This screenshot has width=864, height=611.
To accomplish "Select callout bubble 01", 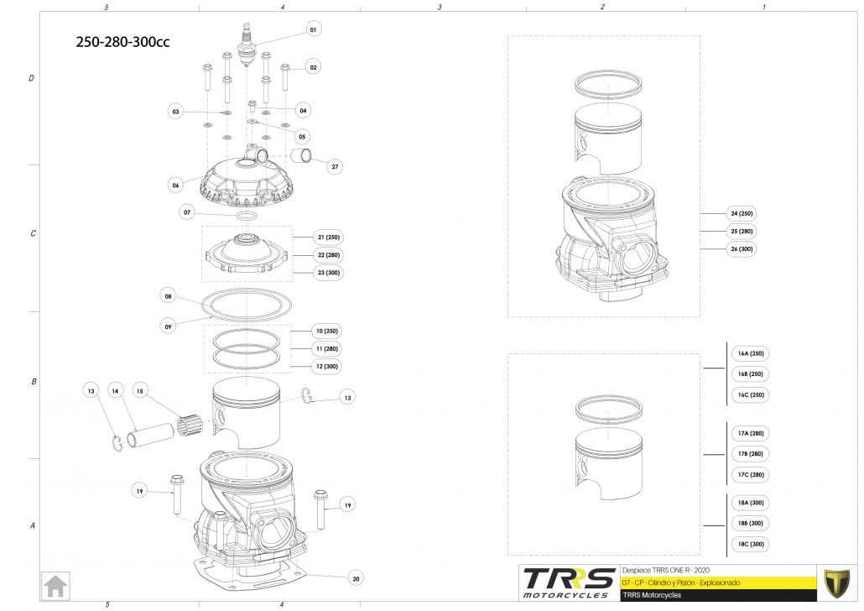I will (313, 30).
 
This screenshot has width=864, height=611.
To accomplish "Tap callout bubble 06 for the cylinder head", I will (176, 185).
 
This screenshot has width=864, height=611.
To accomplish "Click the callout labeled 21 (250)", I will (327, 237).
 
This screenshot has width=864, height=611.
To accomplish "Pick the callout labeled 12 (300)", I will (327, 367).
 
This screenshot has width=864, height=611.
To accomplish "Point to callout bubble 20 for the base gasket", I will (356, 578).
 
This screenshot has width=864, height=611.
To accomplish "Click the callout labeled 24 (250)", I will (742, 213).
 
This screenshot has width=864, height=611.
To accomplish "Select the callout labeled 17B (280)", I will (750, 454).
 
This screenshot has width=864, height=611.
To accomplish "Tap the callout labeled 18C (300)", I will (750, 544).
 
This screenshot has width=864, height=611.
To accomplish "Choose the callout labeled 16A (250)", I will (750, 353).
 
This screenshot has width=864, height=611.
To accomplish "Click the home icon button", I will (56, 585).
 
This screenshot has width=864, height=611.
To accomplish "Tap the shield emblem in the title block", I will (836, 582).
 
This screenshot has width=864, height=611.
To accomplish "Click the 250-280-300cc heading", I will (122, 43).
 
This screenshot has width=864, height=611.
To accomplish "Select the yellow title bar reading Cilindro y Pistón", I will (717, 582).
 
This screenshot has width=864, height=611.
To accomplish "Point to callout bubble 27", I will (335, 167).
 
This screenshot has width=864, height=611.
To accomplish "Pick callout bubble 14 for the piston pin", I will (116, 390).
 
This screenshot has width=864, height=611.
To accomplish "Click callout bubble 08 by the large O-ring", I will (168, 296).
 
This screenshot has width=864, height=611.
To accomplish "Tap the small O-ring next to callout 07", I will (247, 216).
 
